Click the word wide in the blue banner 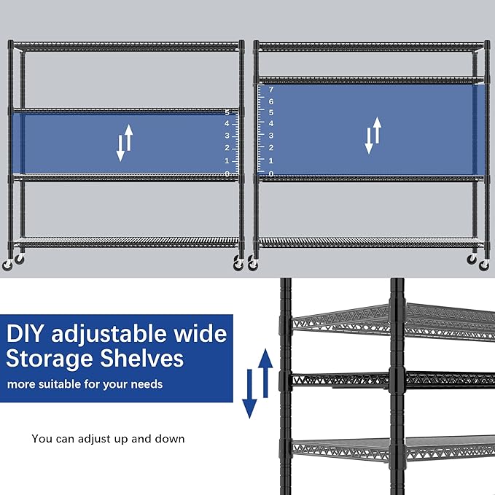click(x=200, y=334)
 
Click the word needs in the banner click(x=147, y=384)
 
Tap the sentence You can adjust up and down click(x=108, y=439)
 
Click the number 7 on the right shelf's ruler click(x=271, y=90)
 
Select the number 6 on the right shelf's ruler click(x=271, y=101)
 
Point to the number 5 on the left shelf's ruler click(x=227, y=112)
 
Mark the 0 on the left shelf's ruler click(x=227, y=174)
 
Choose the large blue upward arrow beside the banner click(x=265, y=370)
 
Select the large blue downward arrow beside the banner click(x=250, y=394)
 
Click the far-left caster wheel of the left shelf click(x=8, y=265)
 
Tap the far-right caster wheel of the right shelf click(x=484, y=265)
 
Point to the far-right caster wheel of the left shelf click(x=238, y=265)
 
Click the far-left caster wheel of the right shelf click(x=253, y=265)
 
